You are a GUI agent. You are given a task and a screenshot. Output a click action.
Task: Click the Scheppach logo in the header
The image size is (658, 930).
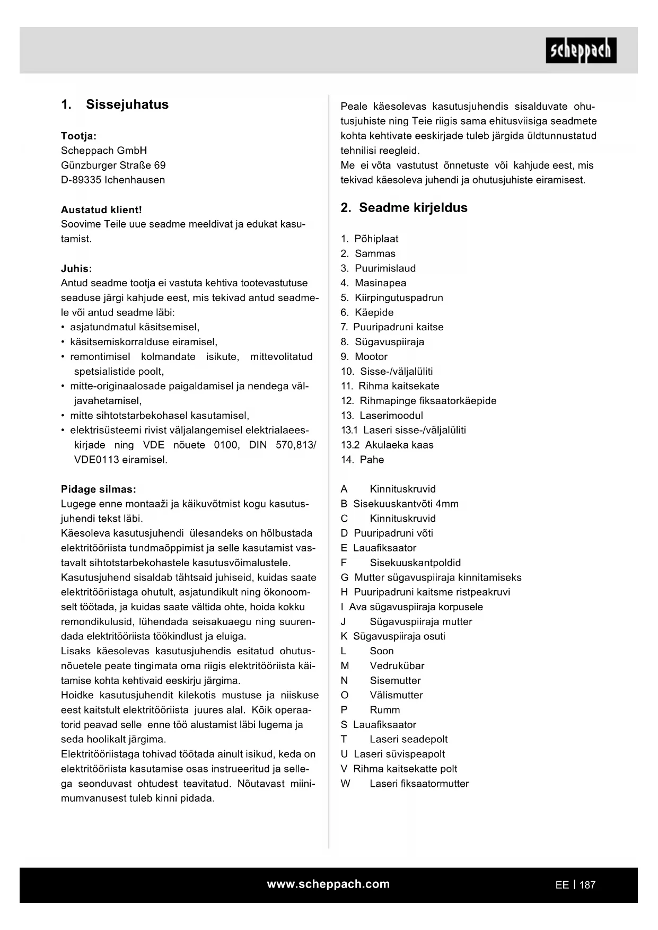[581, 50]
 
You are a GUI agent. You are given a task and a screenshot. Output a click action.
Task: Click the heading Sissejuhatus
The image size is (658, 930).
[127, 104]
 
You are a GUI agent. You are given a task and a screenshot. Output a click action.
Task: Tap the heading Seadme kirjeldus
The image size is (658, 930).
[413, 207]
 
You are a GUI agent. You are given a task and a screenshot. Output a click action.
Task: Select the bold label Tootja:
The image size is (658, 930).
[78, 136]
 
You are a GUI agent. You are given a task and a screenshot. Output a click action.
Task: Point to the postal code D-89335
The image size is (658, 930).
[81, 180]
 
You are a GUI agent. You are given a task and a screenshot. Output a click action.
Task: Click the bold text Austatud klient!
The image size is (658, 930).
[101, 209]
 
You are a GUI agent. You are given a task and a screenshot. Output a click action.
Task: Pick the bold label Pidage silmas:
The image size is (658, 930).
[98, 489]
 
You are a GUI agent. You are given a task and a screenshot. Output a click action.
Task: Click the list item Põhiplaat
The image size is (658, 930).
[376, 239]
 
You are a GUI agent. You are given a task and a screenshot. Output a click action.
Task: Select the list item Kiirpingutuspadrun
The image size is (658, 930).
[399, 297]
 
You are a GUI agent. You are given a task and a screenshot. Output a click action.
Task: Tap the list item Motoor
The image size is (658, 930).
[371, 356]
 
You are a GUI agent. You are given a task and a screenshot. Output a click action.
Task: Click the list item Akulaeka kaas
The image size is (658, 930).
[399, 445]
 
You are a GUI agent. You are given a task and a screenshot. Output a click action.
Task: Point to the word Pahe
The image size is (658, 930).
[372, 460]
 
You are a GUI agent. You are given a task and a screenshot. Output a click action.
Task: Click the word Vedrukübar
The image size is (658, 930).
[397, 665]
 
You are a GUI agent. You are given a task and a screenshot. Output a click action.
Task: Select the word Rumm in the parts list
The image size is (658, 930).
[385, 709]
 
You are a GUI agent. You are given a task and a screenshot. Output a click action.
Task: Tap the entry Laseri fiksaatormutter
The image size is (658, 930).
[419, 783]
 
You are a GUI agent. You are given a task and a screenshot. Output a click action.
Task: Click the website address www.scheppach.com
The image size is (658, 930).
[328, 884]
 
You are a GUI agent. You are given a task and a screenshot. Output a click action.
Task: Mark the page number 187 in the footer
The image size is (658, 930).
[587, 885]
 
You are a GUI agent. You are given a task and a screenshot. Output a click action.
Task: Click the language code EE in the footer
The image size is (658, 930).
[562, 885]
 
